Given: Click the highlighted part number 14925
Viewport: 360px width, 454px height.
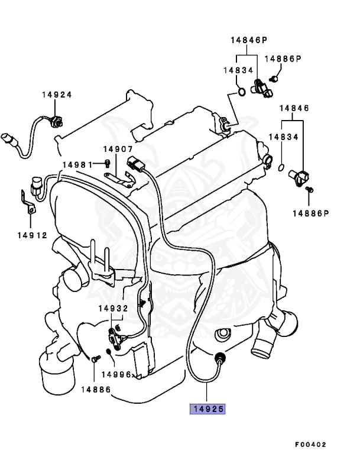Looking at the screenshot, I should click(x=207, y=408).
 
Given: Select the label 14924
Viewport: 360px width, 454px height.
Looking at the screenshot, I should click(x=57, y=95).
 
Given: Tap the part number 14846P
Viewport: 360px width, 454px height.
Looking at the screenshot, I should click(x=249, y=40).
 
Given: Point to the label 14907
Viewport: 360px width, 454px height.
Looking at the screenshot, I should click(x=118, y=150).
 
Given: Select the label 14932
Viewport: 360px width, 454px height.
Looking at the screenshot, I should click(x=113, y=308).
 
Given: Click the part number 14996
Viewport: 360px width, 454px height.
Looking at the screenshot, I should click(x=116, y=374).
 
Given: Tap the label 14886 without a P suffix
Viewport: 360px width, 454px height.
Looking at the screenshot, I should click(x=96, y=389).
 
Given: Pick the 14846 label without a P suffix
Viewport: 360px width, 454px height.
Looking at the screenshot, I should click(x=294, y=108).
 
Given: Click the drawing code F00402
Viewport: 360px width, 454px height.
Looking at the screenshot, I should click(x=310, y=444).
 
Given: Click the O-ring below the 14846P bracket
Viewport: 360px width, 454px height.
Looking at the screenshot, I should click(x=241, y=92).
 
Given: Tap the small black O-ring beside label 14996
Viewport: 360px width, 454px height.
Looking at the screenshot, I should click(x=109, y=353).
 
